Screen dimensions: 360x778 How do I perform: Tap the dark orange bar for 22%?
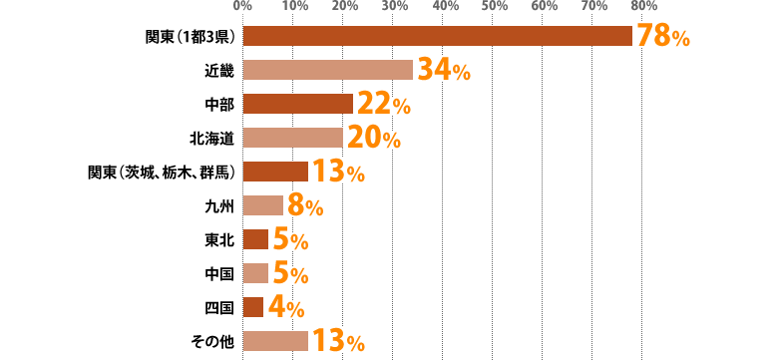click(x=297, y=103)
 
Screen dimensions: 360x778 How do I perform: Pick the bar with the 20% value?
click(x=292, y=138)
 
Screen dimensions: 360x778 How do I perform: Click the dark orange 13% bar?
click(x=275, y=171)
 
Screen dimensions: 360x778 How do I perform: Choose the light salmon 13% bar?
click(x=275, y=340)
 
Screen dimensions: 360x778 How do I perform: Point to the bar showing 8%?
click(x=263, y=205)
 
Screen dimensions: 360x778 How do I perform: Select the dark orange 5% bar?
click(x=255, y=238)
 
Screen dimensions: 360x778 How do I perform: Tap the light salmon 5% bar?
click(x=255, y=272)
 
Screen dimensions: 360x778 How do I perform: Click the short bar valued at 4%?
click(x=253, y=305)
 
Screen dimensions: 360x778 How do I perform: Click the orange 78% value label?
click(x=663, y=37)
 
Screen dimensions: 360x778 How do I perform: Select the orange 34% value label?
click(x=443, y=70)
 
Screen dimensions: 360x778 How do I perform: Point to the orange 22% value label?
click(x=383, y=103)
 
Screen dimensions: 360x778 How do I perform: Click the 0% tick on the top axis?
click(x=242, y=6)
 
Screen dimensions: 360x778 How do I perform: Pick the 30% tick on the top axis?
click(x=394, y=6)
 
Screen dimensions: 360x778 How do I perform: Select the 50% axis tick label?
click(x=494, y=6)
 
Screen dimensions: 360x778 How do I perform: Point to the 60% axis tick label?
click(x=544, y=6)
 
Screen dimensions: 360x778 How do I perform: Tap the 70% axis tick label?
click(x=593, y=6)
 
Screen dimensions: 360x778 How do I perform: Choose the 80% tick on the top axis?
click(x=643, y=6)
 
